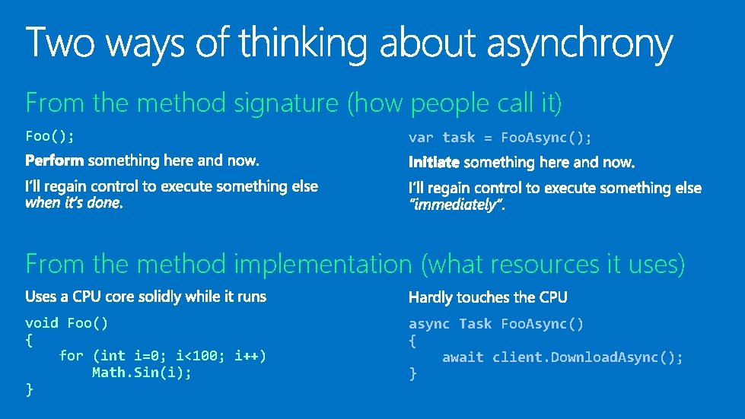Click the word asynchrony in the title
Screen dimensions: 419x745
tap(579, 45)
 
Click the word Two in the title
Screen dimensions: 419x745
tap(62, 43)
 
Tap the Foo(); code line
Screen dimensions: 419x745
tap(50, 136)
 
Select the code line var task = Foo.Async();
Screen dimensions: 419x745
tap(500, 138)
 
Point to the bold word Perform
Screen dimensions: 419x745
tap(56, 161)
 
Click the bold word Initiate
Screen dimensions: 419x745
tap(434, 162)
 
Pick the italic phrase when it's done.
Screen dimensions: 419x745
tap(74, 203)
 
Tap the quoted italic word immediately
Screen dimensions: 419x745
tap(457, 205)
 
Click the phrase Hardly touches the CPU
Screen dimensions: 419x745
tap(488, 297)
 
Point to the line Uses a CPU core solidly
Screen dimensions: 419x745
tap(145, 296)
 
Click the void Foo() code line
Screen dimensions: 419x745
tap(67, 323)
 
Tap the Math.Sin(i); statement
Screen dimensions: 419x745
tap(142, 373)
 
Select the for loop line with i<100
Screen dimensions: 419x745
tap(163, 356)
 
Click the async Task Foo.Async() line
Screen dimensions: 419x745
tap(496, 325)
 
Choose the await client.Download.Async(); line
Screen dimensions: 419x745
tap(562, 357)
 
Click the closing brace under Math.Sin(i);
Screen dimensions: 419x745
tap(30, 389)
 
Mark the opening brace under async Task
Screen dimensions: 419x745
tap(412, 341)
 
